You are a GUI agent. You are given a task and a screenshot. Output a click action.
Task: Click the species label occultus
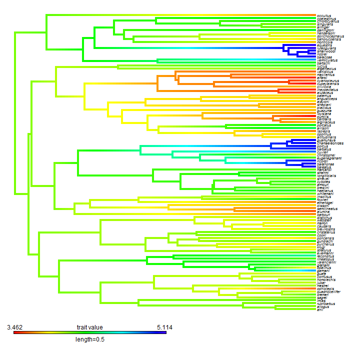(324, 15)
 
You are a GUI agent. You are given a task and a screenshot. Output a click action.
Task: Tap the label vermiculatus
(327, 60)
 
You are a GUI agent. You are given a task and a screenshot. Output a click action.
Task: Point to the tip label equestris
(324, 45)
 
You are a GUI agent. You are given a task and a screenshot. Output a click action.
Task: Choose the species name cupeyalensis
(328, 83)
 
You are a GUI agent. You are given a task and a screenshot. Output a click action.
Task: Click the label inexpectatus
(327, 89)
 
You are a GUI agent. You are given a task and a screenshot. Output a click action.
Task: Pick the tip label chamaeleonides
(330, 143)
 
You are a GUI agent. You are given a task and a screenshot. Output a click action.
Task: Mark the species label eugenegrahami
(329, 158)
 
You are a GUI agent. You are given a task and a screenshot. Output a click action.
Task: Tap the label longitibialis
(327, 176)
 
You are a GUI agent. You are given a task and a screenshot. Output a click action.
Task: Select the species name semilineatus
(327, 208)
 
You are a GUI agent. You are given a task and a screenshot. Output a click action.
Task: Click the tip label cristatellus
(326, 232)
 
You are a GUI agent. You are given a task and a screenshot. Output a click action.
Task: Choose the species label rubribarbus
(326, 303)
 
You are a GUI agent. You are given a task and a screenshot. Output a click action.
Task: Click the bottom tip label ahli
(320, 309)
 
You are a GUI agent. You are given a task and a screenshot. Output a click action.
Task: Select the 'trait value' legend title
(89, 327)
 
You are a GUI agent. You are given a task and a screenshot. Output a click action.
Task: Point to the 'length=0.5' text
(89, 339)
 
